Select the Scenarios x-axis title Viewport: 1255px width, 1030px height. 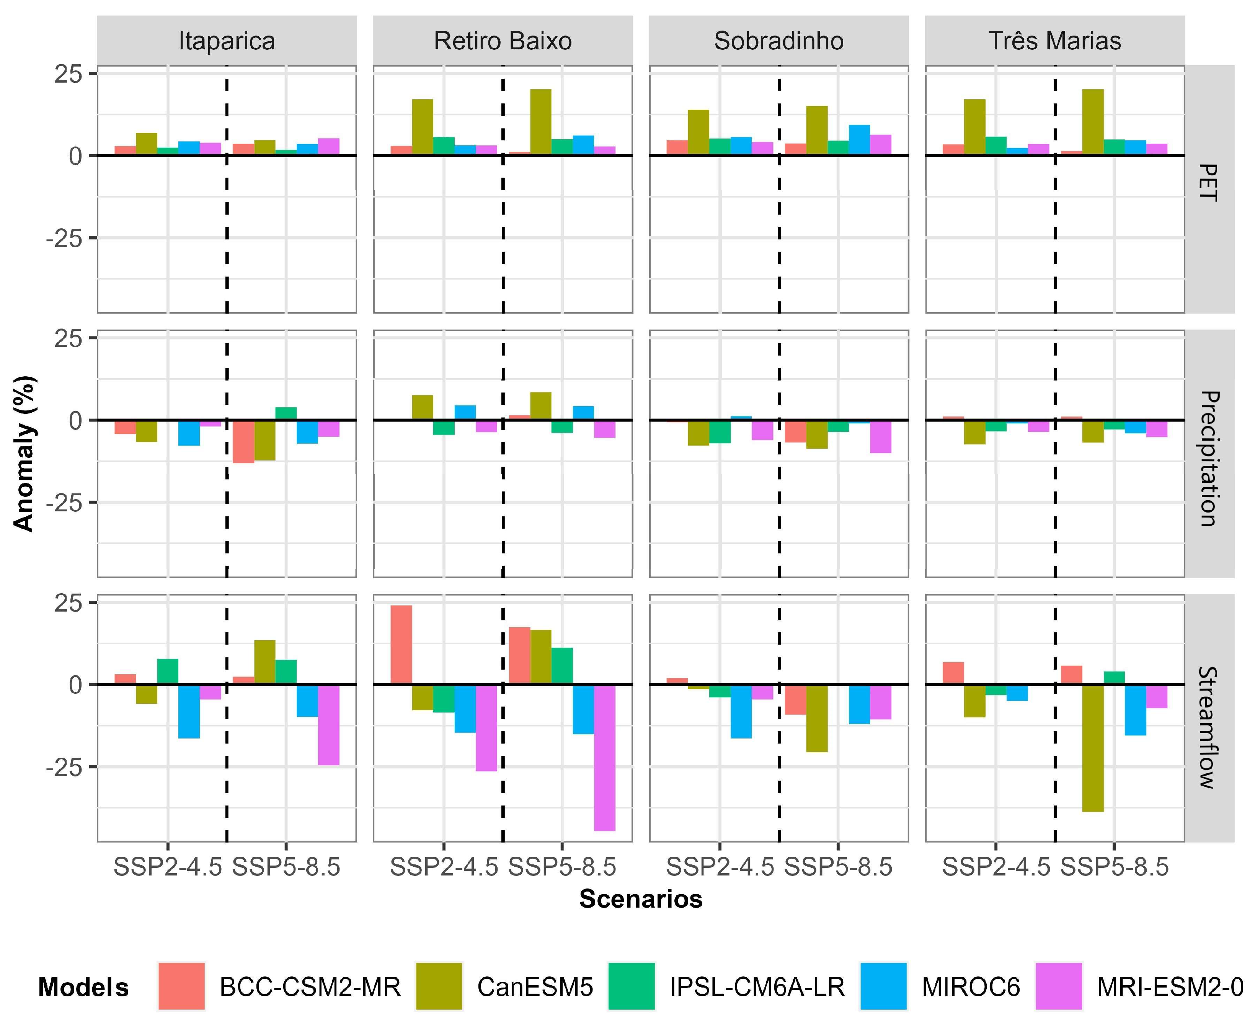(641, 899)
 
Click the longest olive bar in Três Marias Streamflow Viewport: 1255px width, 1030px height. (1093, 748)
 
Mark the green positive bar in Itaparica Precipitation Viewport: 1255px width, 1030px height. (286, 413)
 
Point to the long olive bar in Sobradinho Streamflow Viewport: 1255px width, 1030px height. (817, 718)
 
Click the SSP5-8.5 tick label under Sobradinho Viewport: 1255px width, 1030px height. (838, 867)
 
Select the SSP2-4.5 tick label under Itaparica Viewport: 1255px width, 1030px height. (167, 867)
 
